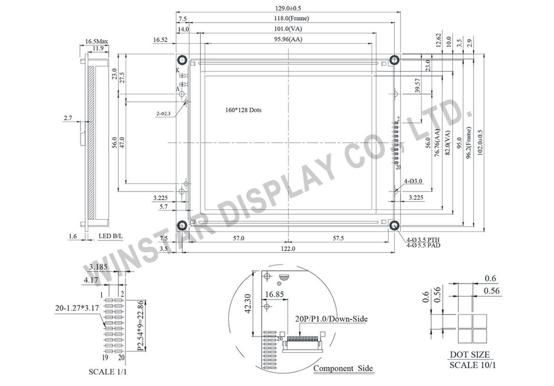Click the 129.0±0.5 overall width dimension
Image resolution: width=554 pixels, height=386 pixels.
[x=288, y=8]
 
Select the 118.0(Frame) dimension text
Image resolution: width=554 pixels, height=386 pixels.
[x=292, y=18]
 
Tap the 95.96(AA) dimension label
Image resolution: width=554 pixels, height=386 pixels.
[x=288, y=39]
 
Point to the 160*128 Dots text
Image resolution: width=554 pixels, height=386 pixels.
[x=243, y=110]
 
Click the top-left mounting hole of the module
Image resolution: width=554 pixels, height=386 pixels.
[x=182, y=60]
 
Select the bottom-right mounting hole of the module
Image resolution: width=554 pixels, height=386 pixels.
[x=394, y=225]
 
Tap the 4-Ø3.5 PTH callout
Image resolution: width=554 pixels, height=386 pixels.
[x=423, y=239]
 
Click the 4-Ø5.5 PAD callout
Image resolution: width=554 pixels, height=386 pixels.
[x=423, y=245]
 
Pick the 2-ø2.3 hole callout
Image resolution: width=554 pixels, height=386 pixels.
[x=163, y=114]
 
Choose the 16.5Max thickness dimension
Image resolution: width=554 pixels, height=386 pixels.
[x=96, y=41]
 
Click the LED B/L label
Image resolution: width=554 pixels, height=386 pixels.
[x=110, y=236]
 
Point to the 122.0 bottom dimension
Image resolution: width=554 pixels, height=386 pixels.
[x=288, y=249]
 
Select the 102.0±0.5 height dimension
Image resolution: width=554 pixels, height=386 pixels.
[x=480, y=143]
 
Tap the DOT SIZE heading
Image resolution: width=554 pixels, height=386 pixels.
[x=470, y=355]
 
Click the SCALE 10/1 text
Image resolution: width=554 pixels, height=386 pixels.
[x=473, y=365]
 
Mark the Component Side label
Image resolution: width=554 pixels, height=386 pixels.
[x=343, y=368]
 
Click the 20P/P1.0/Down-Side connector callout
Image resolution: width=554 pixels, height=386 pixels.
[x=331, y=319]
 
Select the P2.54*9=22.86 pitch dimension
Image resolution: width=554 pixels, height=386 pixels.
[x=140, y=325]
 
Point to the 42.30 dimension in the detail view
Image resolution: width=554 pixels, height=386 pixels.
[x=247, y=304]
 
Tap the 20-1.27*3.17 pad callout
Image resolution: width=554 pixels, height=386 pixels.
[x=77, y=308]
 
